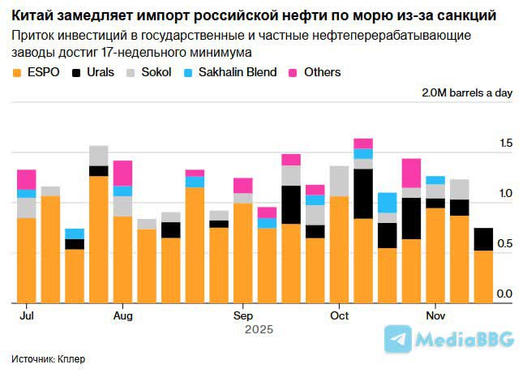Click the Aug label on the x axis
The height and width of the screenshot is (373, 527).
(x=123, y=315)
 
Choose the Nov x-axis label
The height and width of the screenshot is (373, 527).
(x=436, y=315)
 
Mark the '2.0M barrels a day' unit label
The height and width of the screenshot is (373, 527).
(x=467, y=92)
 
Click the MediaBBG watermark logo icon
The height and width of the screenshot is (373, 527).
(x=397, y=339)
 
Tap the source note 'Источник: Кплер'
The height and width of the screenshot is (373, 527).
(x=49, y=358)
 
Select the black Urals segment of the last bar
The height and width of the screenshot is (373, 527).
(x=483, y=239)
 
